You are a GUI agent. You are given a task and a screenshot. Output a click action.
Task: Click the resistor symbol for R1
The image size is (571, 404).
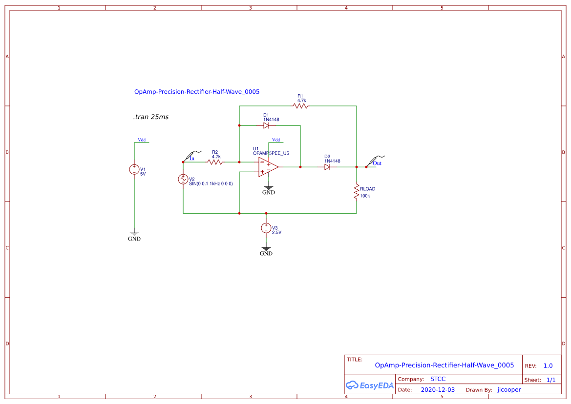[x=300, y=106]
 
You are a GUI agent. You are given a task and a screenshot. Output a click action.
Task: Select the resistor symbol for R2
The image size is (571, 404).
[x=215, y=162]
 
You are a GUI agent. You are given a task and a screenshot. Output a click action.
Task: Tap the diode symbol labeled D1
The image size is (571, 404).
[x=266, y=125]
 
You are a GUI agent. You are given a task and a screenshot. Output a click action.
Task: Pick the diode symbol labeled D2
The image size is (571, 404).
[x=327, y=167]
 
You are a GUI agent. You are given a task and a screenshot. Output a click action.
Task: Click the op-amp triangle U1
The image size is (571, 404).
[x=268, y=167]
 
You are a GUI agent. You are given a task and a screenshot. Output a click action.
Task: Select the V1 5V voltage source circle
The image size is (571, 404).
[x=134, y=169]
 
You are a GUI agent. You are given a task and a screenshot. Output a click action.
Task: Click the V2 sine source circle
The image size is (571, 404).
[x=183, y=179]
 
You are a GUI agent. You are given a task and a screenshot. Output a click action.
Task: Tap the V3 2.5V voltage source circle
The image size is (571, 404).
[x=266, y=228]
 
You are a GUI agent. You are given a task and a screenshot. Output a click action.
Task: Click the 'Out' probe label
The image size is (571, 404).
[x=377, y=163]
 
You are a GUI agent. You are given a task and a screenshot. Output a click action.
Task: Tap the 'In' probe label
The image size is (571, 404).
[x=192, y=158]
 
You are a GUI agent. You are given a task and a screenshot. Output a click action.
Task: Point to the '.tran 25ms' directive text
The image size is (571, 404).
[x=151, y=117]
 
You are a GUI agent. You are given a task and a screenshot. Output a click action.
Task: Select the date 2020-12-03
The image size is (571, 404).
[x=438, y=390]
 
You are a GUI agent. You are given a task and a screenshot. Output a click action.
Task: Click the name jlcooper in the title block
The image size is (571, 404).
[x=509, y=390]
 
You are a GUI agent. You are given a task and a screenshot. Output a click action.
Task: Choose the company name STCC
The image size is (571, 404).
[x=438, y=379]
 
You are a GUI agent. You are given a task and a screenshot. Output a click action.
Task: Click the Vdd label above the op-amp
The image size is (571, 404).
[x=276, y=140]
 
